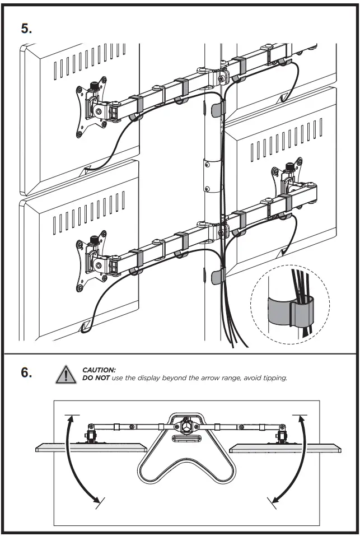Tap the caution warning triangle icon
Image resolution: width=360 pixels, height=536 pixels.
(66, 375)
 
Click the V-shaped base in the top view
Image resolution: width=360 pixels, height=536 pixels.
(186, 465)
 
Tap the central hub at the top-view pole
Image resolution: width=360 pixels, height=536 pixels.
(186, 426)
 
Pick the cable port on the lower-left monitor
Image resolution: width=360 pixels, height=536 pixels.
(86, 324)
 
